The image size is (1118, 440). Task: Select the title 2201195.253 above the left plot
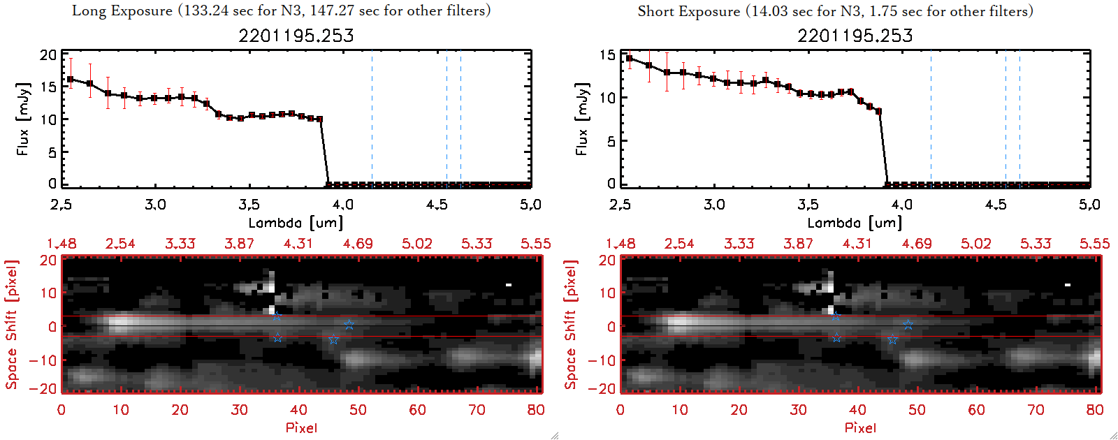pos(296,36)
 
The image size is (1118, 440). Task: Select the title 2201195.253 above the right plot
pos(855,36)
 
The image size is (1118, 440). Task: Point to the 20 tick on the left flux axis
pos(48,55)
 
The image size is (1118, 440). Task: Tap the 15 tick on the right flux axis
pos(607,55)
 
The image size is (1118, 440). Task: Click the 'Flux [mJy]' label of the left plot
pos(23,119)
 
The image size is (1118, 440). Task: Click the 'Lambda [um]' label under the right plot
pos(855,223)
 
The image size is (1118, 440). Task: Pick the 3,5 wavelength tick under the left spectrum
pos(249,205)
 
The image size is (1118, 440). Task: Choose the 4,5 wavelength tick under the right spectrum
pos(996,205)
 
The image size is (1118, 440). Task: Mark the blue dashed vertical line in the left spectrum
pos(372,119)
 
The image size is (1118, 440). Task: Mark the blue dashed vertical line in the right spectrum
pos(931,119)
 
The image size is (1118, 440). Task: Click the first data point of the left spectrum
pos(70,80)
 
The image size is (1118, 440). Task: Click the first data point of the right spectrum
pos(630,59)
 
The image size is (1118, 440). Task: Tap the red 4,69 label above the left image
pos(358,244)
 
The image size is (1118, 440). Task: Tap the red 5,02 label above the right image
pos(975,244)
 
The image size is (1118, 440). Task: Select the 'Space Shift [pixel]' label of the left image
pos(11,325)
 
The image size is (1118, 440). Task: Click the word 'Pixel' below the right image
pos(860,427)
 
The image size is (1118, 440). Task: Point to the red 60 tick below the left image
pos(417,410)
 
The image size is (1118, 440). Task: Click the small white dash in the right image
pos(1068,285)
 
